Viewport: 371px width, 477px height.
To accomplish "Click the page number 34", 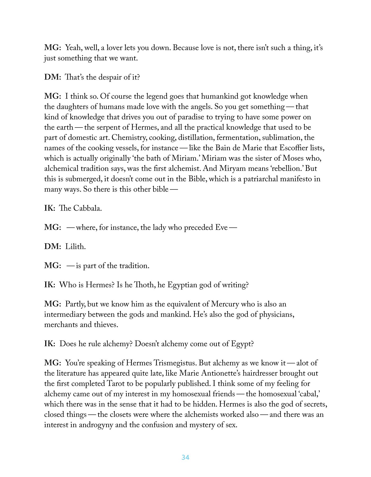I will tap(185, 457).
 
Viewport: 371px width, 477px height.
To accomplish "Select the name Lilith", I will tap(76, 247).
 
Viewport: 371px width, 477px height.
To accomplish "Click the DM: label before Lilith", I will tap(52, 247).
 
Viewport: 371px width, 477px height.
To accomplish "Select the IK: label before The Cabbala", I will tap(50, 208).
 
